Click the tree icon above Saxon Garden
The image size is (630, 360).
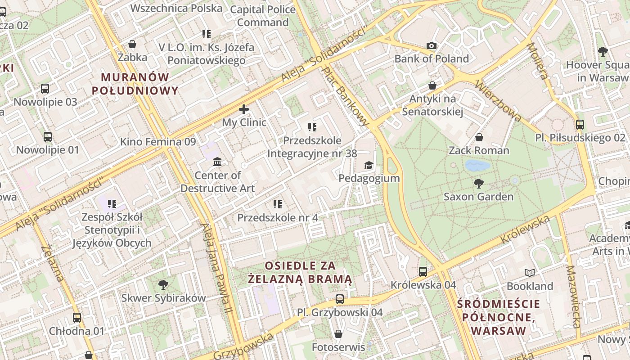[479, 183]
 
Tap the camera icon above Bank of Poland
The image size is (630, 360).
[432, 45]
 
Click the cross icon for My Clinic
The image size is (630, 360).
[243, 109]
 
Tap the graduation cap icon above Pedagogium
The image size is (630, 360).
[369, 165]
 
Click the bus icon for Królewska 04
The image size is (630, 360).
[423, 271]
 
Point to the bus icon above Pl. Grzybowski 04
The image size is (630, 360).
[339, 299]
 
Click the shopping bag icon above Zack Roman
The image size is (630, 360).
[479, 137]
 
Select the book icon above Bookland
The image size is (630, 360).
[530, 273]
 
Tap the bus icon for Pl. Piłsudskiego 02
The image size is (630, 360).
[580, 125]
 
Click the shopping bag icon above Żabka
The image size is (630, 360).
[132, 44]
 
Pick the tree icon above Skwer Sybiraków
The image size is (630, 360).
[163, 284]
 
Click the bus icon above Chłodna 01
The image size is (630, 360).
[76, 318]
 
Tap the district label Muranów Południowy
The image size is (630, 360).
[135, 84]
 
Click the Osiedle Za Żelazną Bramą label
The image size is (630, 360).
[300, 272]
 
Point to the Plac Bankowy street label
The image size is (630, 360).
[345, 95]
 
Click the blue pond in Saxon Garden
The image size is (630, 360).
[477, 166]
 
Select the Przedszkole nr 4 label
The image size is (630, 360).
[278, 218]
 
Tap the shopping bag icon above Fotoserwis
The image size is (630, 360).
[338, 334]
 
